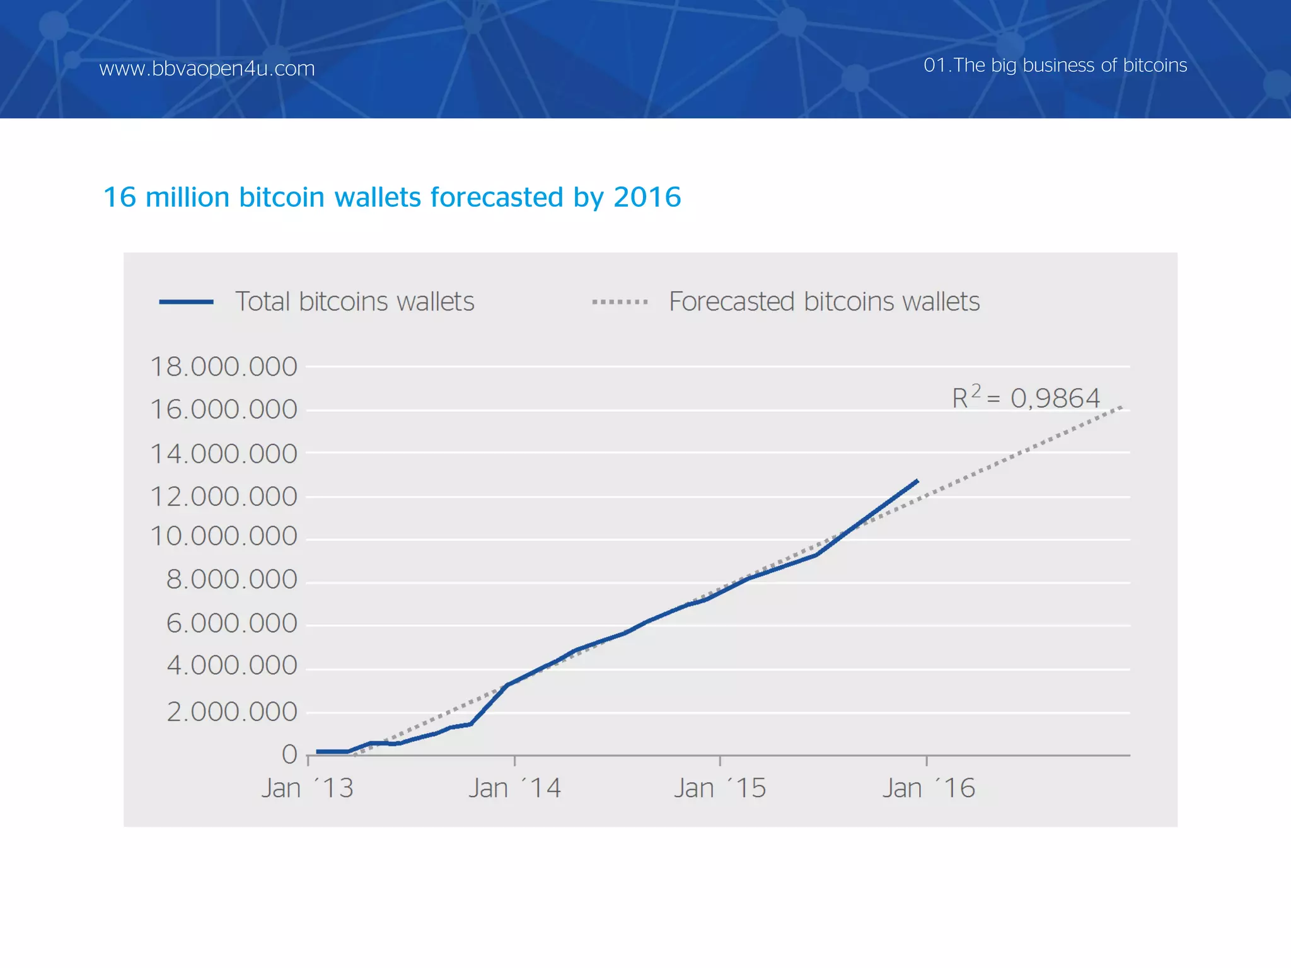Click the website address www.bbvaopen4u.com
(x=207, y=68)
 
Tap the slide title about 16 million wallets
(x=391, y=197)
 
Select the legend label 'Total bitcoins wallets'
(x=354, y=302)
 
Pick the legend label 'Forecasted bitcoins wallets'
(x=824, y=302)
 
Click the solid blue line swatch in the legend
(x=186, y=302)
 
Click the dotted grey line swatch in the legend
(x=620, y=302)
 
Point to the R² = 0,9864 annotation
(x=1026, y=398)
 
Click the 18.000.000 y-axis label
(x=223, y=367)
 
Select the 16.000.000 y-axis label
(x=223, y=410)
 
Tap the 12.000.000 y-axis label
(x=223, y=497)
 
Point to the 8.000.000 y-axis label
(x=231, y=580)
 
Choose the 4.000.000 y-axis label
(x=231, y=665)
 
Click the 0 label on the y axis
(x=289, y=754)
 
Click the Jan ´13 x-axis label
(x=308, y=788)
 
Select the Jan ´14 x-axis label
(x=514, y=788)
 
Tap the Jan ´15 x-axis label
(x=720, y=788)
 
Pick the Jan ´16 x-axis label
(x=928, y=788)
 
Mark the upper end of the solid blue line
(x=917, y=481)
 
